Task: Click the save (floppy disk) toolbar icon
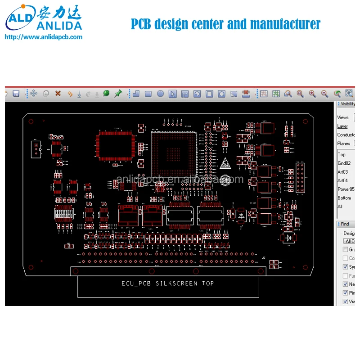tap(16, 94)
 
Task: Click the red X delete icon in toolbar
tap(58, 94)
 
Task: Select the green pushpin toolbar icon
tap(118, 93)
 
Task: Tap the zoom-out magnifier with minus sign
tap(324, 94)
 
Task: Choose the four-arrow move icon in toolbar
tap(33, 94)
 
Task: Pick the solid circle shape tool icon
tap(160, 94)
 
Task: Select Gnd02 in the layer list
tap(344, 163)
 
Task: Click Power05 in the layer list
tap(346, 189)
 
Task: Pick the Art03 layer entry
tap(342, 172)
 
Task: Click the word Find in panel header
tap(345, 224)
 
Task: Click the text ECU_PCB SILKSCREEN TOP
tap(168, 283)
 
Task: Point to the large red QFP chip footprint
tap(117, 146)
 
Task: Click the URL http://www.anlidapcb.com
tap(43, 37)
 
